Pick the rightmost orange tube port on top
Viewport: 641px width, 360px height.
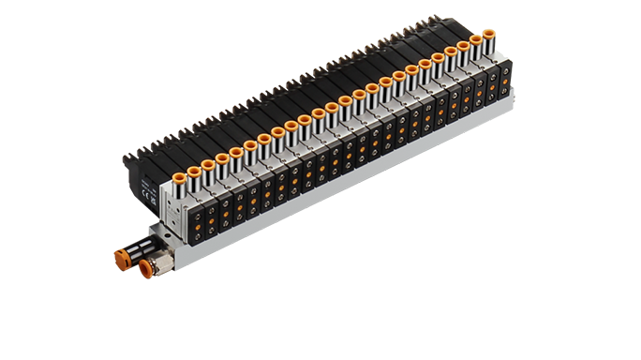(488, 37)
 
